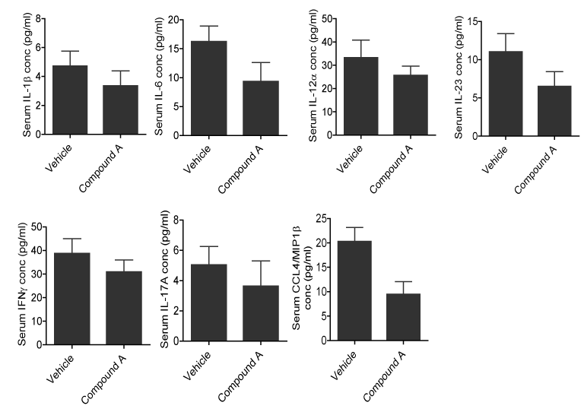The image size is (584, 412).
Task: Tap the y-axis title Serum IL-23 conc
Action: [x=458, y=76]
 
